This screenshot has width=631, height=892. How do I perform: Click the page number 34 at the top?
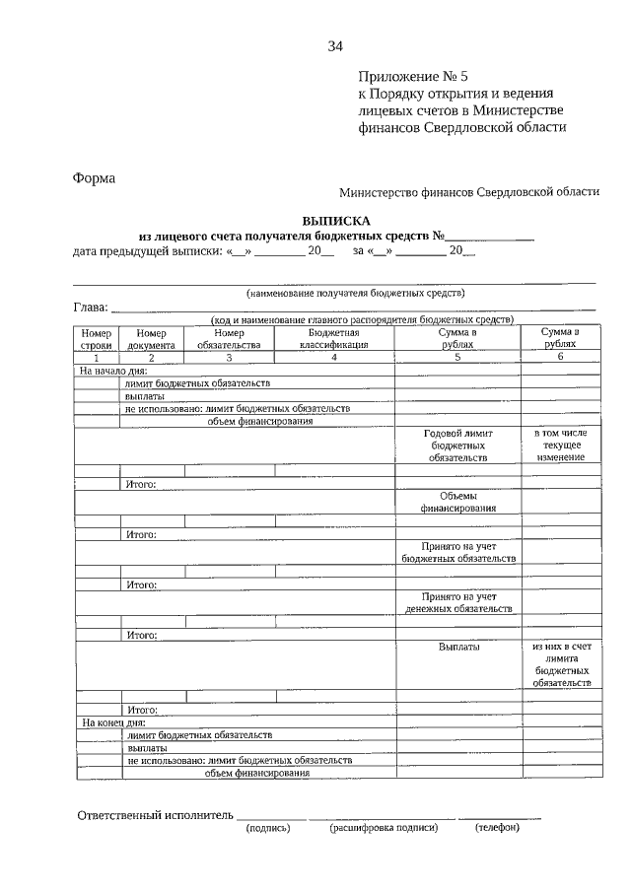335,46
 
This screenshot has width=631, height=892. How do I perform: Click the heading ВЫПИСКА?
335,222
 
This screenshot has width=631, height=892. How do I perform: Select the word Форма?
94,178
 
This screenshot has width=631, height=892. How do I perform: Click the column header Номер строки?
97,339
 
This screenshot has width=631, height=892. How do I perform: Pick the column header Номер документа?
153,339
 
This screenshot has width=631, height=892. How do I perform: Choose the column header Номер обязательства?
228,339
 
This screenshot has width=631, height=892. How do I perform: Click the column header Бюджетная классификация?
334,339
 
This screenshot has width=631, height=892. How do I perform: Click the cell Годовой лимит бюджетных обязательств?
457,446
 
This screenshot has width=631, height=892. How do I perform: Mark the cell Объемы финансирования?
457,502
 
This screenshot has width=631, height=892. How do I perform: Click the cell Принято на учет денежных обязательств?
457,602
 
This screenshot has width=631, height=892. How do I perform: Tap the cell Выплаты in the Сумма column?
458,647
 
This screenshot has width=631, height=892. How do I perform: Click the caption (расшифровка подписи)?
383,828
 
